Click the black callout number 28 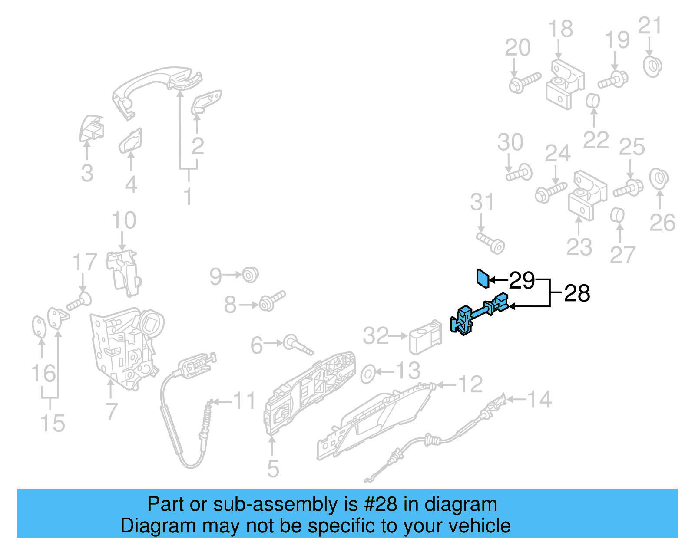pos(577,293)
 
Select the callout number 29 pos(522,280)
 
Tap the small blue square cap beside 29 pos(483,278)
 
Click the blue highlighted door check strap pos(478,314)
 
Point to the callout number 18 pos(560,29)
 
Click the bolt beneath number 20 pos(524,82)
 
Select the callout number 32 pos(376,336)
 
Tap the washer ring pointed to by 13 pos(368,374)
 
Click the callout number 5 pos(273,469)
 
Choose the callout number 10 pos(124,220)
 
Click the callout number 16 pos(43,373)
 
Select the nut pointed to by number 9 pos(250,275)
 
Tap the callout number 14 pos(539,399)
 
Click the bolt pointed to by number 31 pos(491,243)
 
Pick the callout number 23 pos(579,247)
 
